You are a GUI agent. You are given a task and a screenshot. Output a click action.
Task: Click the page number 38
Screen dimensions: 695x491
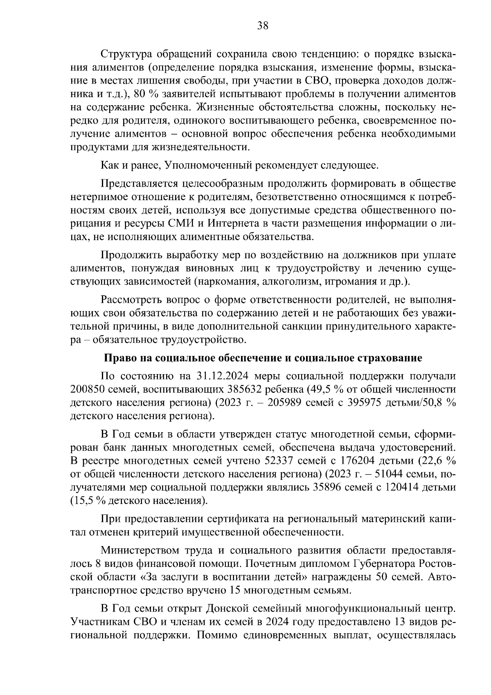[263, 26]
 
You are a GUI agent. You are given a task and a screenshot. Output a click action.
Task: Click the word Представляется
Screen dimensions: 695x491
[139, 184]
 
